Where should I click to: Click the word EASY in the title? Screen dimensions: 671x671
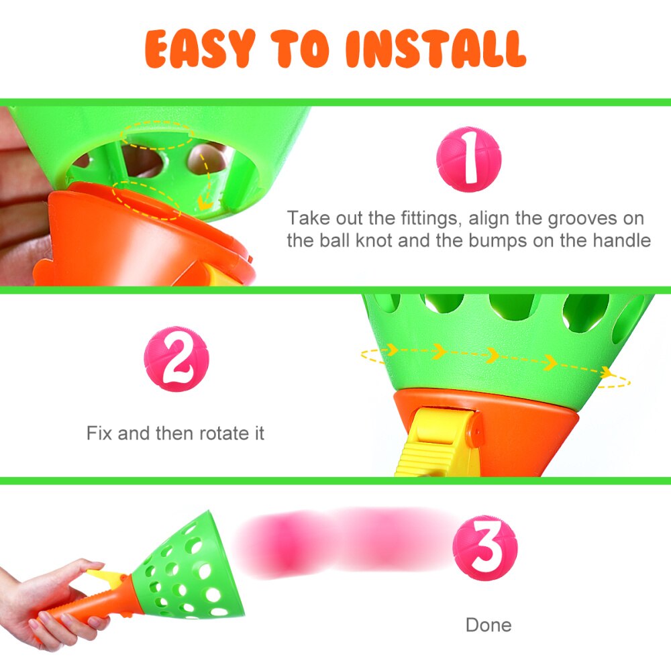(199, 48)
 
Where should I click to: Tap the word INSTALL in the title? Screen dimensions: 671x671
(435, 48)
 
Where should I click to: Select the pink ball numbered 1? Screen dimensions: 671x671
(469, 159)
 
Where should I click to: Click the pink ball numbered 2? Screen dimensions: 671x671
(176, 359)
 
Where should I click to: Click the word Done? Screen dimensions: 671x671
(488, 625)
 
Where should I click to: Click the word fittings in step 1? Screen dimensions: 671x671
(426, 218)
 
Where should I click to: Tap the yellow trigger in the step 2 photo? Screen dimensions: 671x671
(436, 443)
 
